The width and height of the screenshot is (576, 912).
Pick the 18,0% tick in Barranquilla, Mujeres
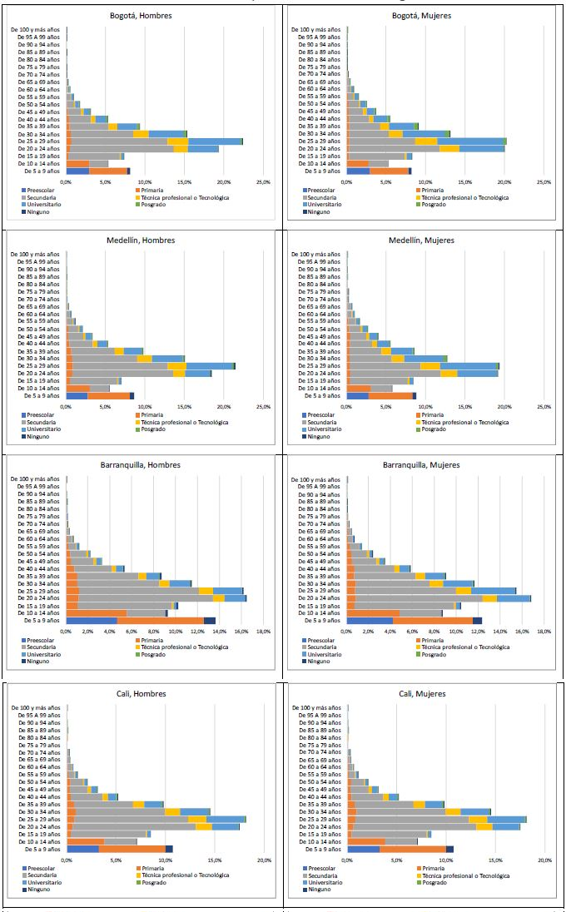544,632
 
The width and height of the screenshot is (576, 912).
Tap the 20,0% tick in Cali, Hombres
264,860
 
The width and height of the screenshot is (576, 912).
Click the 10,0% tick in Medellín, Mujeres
425,406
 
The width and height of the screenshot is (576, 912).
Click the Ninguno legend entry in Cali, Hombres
39,889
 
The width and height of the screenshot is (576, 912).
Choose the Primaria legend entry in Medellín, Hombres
152,414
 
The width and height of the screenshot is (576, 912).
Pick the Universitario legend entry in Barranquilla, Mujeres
324,654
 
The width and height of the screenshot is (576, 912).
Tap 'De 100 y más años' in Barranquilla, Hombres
35,479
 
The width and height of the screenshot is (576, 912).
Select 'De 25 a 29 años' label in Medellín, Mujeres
318,366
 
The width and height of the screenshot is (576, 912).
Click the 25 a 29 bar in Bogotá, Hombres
155,141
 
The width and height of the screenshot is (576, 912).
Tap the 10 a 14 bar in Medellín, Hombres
88,388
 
